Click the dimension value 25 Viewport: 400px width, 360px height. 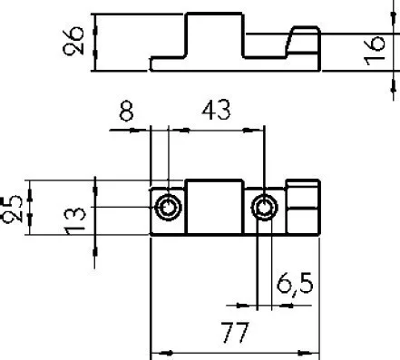12,209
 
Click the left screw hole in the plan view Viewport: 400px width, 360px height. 169,209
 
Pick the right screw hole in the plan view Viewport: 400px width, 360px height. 265,209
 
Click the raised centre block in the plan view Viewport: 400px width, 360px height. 215,208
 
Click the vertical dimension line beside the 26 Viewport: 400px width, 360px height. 95,41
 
